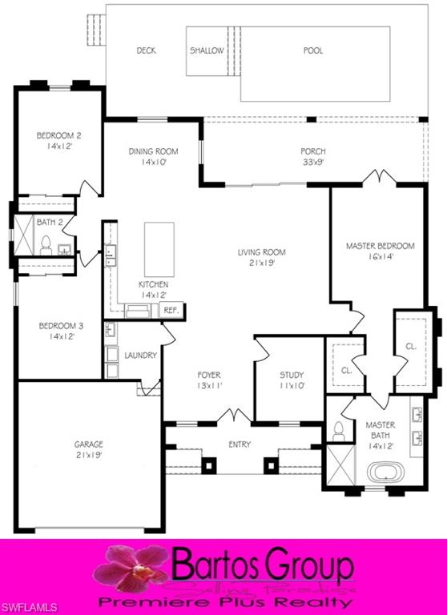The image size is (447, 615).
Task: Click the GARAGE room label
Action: point(90,444)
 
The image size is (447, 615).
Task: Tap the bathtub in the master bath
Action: point(388,471)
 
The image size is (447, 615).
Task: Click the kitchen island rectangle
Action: point(159,248)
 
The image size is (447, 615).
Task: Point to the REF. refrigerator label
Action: point(171,310)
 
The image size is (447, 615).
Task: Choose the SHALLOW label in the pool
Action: point(207,50)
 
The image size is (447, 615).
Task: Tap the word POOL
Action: point(313,50)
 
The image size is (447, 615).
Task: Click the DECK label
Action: point(146,50)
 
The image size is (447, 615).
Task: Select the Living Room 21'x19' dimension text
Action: point(261,263)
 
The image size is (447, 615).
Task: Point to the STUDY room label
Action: point(292,375)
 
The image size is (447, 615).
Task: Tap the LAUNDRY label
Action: point(141,355)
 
